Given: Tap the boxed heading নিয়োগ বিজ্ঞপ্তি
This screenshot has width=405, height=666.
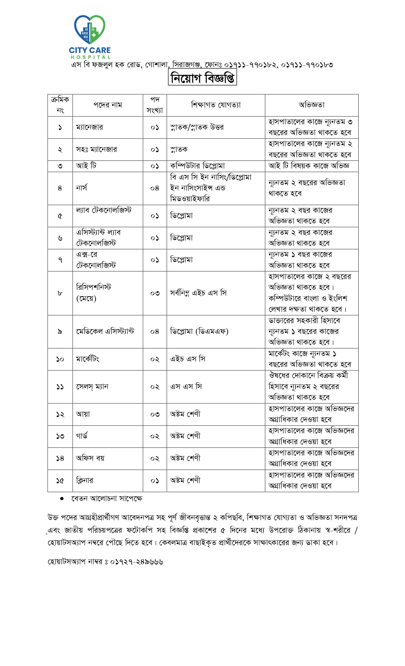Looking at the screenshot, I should [x=202, y=78].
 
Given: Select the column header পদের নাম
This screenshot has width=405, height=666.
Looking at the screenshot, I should [x=108, y=105].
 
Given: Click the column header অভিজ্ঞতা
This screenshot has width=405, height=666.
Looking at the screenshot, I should [x=312, y=105].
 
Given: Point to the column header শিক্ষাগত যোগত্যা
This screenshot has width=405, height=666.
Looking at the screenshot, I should [x=216, y=105].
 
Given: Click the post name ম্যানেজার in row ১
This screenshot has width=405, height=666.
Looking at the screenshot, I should [x=90, y=127].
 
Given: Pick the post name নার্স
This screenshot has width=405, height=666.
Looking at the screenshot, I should [x=82, y=188].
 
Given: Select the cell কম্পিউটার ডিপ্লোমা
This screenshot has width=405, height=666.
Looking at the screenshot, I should [x=198, y=166].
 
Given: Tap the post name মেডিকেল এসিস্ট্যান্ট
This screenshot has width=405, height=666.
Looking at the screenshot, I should [x=105, y=331].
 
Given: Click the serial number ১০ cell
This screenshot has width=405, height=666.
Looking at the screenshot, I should [x=60, y=359].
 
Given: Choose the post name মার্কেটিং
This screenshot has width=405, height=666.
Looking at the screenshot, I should [x=88, y=359].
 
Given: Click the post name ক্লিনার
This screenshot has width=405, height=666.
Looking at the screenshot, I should [x=84, y=480].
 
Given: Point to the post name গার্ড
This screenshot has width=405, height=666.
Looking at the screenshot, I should [x=82, y=436].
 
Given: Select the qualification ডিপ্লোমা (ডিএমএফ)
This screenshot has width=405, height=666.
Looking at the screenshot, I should [x=199, y=331].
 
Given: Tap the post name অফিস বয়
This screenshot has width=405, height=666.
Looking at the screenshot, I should [x=90, y=458].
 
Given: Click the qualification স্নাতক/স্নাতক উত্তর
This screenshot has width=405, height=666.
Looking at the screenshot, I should [x=197, y=127].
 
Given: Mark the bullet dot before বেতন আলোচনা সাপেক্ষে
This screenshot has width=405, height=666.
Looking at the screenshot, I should [x=62, y=499].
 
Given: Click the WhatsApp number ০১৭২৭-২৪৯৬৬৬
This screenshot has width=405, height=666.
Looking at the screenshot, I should [x=137, y=562].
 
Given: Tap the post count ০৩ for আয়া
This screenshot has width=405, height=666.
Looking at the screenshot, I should [x=155, y=414].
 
